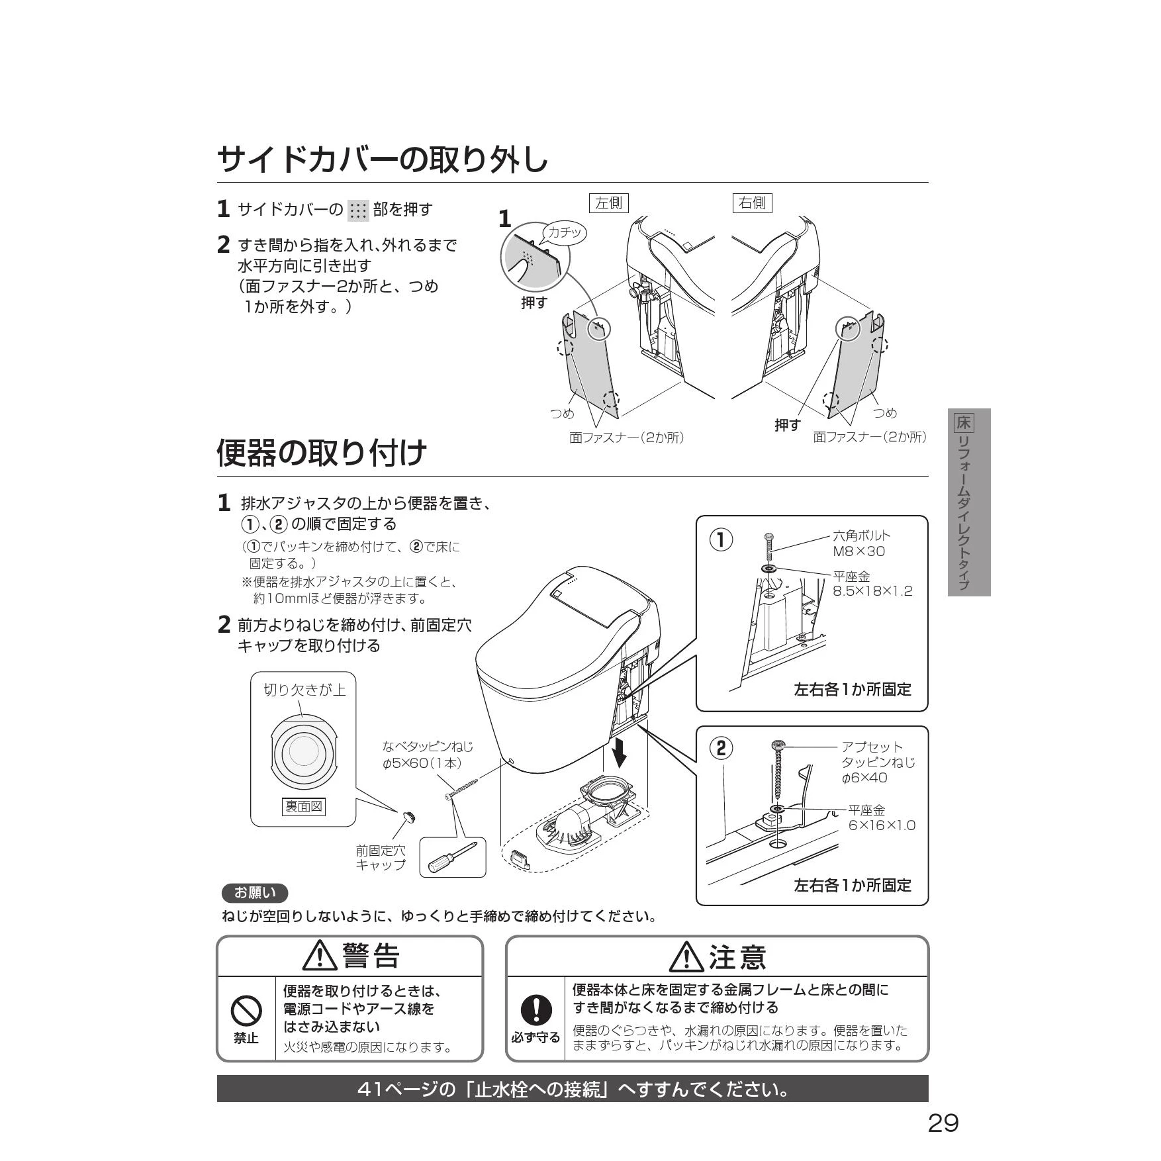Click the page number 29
coord(943,1123)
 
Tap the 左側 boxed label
coord(608,203)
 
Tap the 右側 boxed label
coord(752,203)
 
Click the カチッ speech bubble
coord(564,233)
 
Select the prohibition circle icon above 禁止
coord(246,1011)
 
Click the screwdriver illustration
coord(453,858)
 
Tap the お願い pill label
coord(255,893)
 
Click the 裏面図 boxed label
coord(304,806)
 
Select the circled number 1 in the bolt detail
coord(721,540)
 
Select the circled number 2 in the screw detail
coord(721,748)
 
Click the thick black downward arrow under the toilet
coord(620,751)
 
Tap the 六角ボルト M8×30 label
coord(861,543)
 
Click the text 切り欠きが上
coord(304,690)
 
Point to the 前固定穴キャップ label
coord(381,857)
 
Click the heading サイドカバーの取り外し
coord(383,159)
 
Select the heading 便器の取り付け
coord(322,453)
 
